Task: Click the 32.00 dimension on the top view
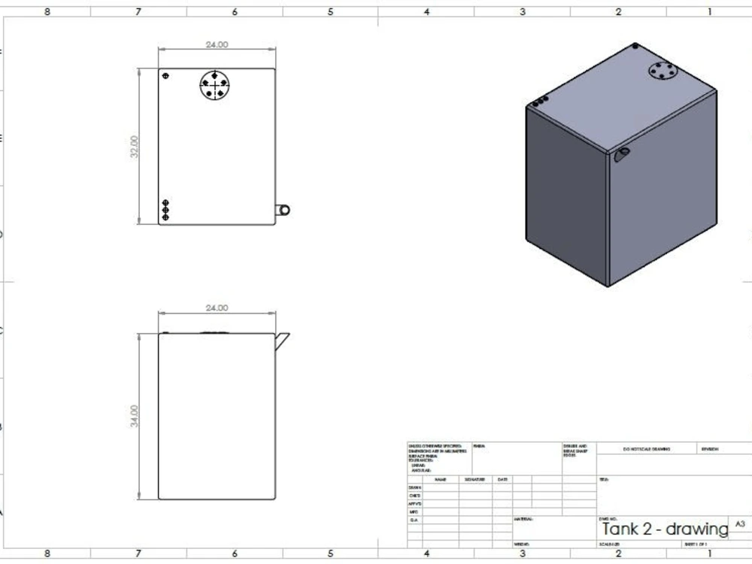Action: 135,147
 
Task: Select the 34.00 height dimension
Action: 135,416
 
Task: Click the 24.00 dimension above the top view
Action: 217,45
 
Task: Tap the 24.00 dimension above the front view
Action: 217,308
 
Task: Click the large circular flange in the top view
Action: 216,85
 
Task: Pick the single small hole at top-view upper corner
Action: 165,75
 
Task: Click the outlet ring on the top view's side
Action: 284,211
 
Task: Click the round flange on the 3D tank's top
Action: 662,71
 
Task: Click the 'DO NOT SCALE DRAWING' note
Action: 647,450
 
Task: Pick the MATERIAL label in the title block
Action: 524,519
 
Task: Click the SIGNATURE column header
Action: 475,479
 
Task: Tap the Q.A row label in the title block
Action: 414,520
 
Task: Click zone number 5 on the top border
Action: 330,12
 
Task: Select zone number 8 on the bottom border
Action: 47,553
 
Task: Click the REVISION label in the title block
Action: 711,450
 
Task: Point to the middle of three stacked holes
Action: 165,210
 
